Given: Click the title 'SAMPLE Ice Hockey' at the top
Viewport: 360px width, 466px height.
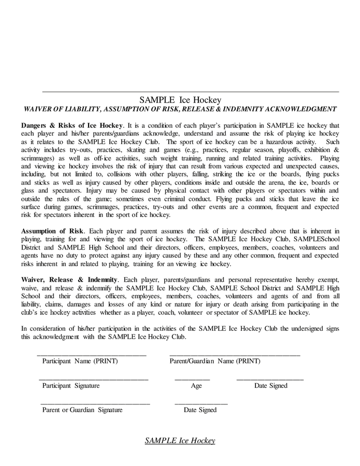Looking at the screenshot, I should tap(180, 100).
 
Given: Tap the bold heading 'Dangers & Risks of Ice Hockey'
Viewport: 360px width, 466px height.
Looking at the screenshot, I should tap(72, 125).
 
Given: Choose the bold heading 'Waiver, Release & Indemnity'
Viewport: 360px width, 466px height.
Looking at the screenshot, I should tap(69, 280).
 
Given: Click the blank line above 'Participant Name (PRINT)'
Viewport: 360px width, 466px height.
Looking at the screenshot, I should tap(92, 355).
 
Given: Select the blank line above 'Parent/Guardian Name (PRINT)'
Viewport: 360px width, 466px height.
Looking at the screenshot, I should tap(235, 355).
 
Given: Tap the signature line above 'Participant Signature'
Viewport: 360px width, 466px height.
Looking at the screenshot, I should tap(93, 380).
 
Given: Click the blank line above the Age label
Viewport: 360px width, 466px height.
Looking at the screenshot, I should tap(192, 380).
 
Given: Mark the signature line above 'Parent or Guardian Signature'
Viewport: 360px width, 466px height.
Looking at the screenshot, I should tap(95, 404).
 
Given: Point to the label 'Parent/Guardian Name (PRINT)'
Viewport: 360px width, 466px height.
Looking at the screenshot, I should tap(214, 361).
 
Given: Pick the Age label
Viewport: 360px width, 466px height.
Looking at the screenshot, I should tap(196, 386).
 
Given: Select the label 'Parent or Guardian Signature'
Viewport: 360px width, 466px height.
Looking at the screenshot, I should tap(82, 410).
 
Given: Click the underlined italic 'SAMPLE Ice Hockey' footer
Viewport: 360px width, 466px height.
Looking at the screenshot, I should tap(180, 441).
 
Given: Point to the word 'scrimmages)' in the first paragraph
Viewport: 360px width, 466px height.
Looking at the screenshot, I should tap(39, 158).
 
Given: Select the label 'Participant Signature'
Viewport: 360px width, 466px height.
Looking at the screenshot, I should tap(71, 386).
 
